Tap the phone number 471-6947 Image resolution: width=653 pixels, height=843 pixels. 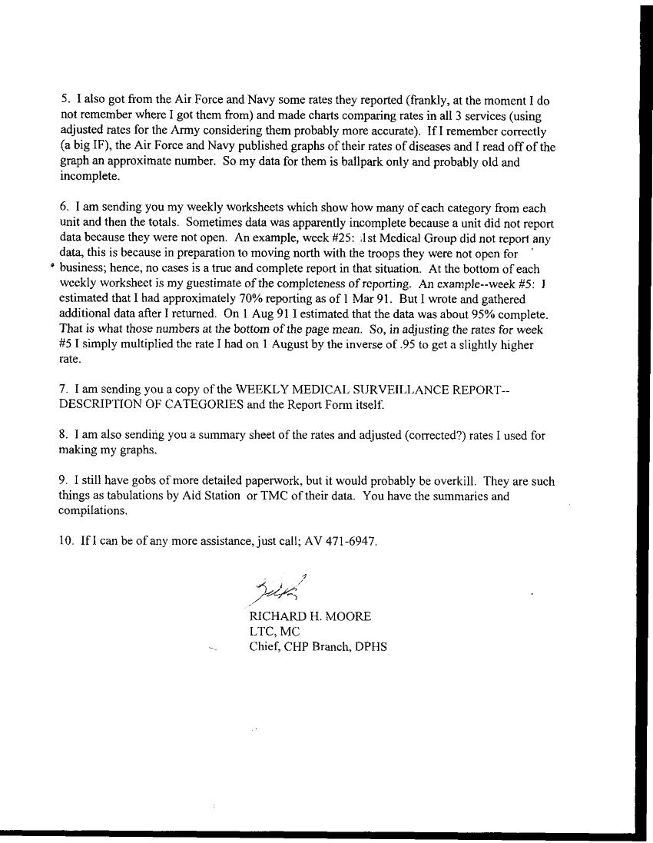click(352, 541)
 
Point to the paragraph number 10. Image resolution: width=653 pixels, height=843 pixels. click(66, 541)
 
